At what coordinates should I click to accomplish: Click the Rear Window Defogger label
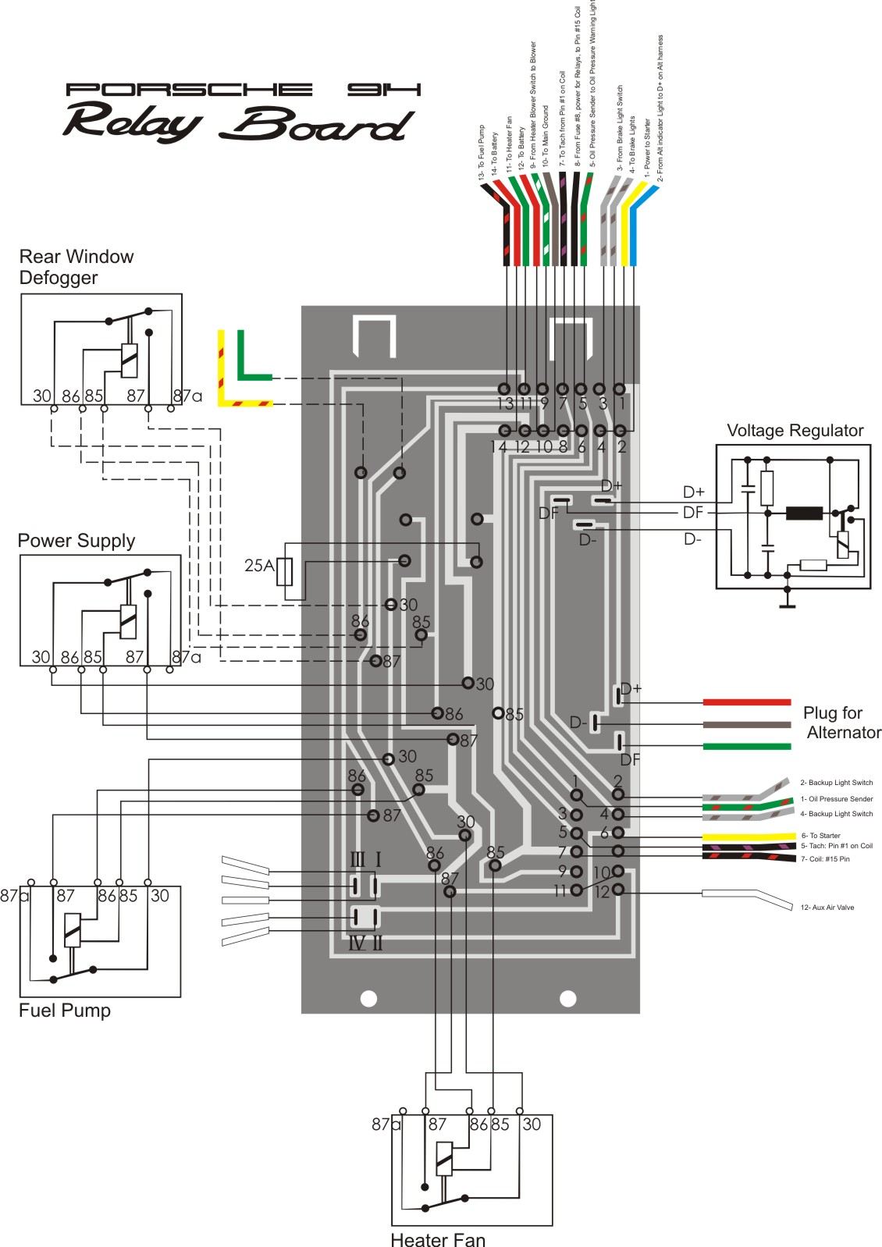click(76, 267)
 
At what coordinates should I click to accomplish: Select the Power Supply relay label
click(76, 541)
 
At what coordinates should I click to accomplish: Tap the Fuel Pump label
click(65, 1011)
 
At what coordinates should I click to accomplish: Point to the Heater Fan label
click(437, 1239)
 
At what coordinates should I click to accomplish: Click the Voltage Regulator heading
click(795, 431)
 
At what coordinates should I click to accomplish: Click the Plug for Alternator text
click(840, 723)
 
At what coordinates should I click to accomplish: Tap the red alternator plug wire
click(746, 702)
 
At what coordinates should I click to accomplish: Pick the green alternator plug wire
click(746, 747)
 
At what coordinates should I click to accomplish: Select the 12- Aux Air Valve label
click(827, 908)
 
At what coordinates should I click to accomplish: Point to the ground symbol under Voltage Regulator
click(787, 602)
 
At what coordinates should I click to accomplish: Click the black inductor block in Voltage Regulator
click(804, 513)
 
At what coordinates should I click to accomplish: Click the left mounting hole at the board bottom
click(368, 998)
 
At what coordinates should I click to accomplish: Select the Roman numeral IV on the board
click(356, 943)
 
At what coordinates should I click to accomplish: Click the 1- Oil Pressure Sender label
click(836, 799)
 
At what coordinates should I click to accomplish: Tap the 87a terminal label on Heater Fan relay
click(385, 1124)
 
